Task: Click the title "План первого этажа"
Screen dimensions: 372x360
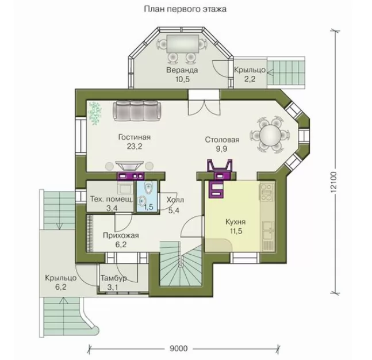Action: pyautogui.click(x=185, y=9)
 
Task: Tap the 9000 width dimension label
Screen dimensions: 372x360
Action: pyautogui.click(x=179, y=348)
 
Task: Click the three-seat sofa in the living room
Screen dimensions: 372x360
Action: pyautogui.click(x=137, y=110)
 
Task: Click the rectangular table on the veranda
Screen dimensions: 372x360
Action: pyautogui.click(x=183, y=44)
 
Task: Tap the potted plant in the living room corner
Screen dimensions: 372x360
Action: pyautogui.click(x=95, y=113)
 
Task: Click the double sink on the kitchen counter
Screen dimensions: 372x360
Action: pyautogui.click(x=268, y=231)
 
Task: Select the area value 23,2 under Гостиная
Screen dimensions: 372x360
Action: pyautogui.click(x=135, y=146)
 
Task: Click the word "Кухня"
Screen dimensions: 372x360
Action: pyautogui.click(x=235, y=222)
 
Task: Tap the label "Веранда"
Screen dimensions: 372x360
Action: pyautogui.click(x=182, y=70)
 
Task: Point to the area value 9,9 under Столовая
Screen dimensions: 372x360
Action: pyautogui.click(x=221, y=148)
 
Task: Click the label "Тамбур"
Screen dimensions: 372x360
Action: pyautogui.click(x=114, y=278)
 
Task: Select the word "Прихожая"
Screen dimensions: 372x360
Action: pyautogui.click(x=121, y=235)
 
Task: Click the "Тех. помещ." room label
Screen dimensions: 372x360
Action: pyautogui.click(x=112, y=200)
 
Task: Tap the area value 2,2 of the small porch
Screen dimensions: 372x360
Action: pyautogui.click(x=250, y=79)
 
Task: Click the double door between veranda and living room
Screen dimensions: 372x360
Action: pyautogui.click(x=204, y=108)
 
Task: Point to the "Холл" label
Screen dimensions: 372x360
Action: pyautogui.click(x=175, y=200)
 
